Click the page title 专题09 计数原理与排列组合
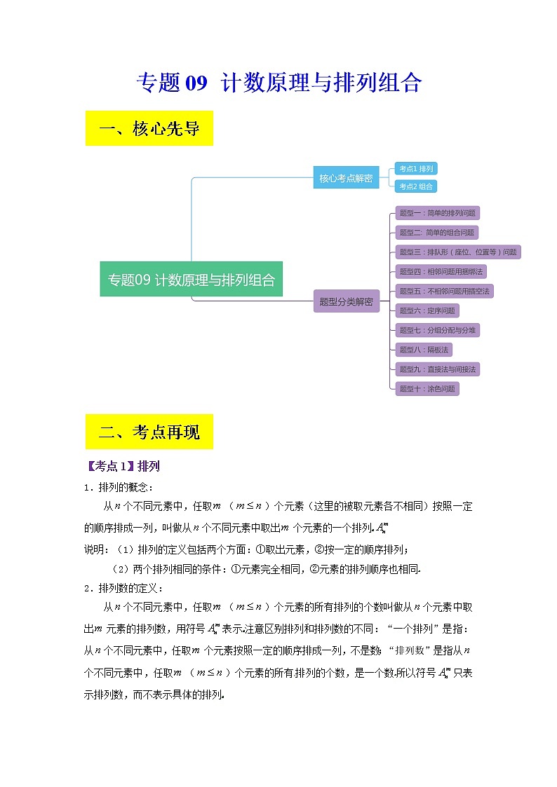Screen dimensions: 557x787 (278, 83)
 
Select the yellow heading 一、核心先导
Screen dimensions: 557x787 (149, 129)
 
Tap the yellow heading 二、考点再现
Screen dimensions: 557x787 (149, 432)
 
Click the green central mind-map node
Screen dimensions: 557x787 (191, 279)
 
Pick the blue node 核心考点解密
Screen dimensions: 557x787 (346, 178)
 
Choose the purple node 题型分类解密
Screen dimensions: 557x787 (346, 302)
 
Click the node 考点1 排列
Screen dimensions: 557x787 (417, 168)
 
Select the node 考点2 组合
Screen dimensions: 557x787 (417, 186)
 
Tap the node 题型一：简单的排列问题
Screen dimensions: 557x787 (438, 213)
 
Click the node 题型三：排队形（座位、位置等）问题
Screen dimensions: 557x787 (457, 252)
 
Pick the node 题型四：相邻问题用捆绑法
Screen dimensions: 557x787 (442, 271)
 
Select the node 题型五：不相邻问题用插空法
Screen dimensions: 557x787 (445, 291)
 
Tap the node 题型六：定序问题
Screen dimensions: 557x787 (427, 310)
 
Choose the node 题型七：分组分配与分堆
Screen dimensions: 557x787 (438, 330)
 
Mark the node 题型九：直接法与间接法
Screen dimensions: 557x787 (438, 369)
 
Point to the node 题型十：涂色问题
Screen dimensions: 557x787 (427, 388)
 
